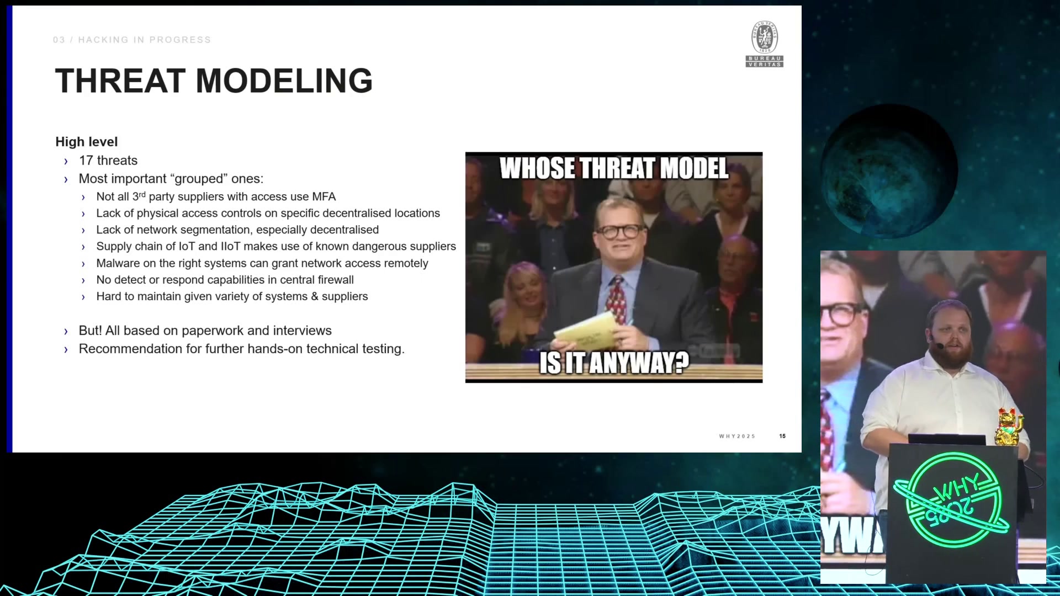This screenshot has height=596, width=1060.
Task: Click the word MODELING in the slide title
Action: point(284,81)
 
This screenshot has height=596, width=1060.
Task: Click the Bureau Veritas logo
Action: point(765,44)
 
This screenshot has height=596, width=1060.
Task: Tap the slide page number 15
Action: point(782,436)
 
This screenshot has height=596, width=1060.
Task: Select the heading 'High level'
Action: point(87,142)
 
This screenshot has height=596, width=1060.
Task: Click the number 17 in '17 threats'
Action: point(86,161)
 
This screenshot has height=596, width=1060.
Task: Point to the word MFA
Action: point(324,196)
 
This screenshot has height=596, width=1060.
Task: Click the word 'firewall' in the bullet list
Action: point(336,280)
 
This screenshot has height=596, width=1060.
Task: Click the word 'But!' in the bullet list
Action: point(91,331)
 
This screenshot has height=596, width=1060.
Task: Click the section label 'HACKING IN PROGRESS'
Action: point(145,40)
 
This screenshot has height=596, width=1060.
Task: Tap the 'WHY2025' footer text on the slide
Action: point(737,436)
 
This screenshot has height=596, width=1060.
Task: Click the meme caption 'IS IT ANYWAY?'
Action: point(614,363)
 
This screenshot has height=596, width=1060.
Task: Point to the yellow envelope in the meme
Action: point(585,331)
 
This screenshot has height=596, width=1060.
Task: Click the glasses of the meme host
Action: point(620,231)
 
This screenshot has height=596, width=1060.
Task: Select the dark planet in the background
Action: point(889,171)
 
